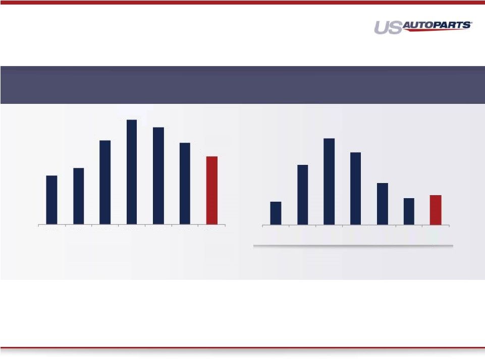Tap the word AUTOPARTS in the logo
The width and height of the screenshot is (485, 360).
tap(436, 25)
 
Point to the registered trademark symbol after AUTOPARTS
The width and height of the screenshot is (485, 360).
tap(471, 22)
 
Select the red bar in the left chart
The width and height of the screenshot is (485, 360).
tap(212, 191)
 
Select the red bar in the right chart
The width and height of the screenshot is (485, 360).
tap(436, 210)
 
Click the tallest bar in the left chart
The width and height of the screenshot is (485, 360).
tap(132, 172)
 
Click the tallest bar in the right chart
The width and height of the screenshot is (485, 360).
tap(329, 182)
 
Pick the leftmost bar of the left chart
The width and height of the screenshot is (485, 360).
tap(51, 200)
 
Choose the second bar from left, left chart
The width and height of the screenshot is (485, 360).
tap(79, 196)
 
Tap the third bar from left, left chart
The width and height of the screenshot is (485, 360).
tap(105, 183)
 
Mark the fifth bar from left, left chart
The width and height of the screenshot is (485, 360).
tap(158, 176)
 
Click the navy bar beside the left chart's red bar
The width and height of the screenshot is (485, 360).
tap(185, 184)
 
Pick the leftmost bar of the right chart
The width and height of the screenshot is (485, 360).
tap(276, 213)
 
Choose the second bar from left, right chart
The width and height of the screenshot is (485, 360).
tap(302, 195)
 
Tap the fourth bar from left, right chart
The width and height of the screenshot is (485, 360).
tap(356, 189)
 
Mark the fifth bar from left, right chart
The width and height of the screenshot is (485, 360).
tap(383, 204)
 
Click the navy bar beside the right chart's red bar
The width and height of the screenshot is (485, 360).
tap(409, 212)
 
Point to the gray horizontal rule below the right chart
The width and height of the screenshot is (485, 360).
tap(353, 246)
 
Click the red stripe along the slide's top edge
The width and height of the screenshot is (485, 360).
tap(242, 3)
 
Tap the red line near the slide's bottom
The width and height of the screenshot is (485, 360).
tap(242, 347)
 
